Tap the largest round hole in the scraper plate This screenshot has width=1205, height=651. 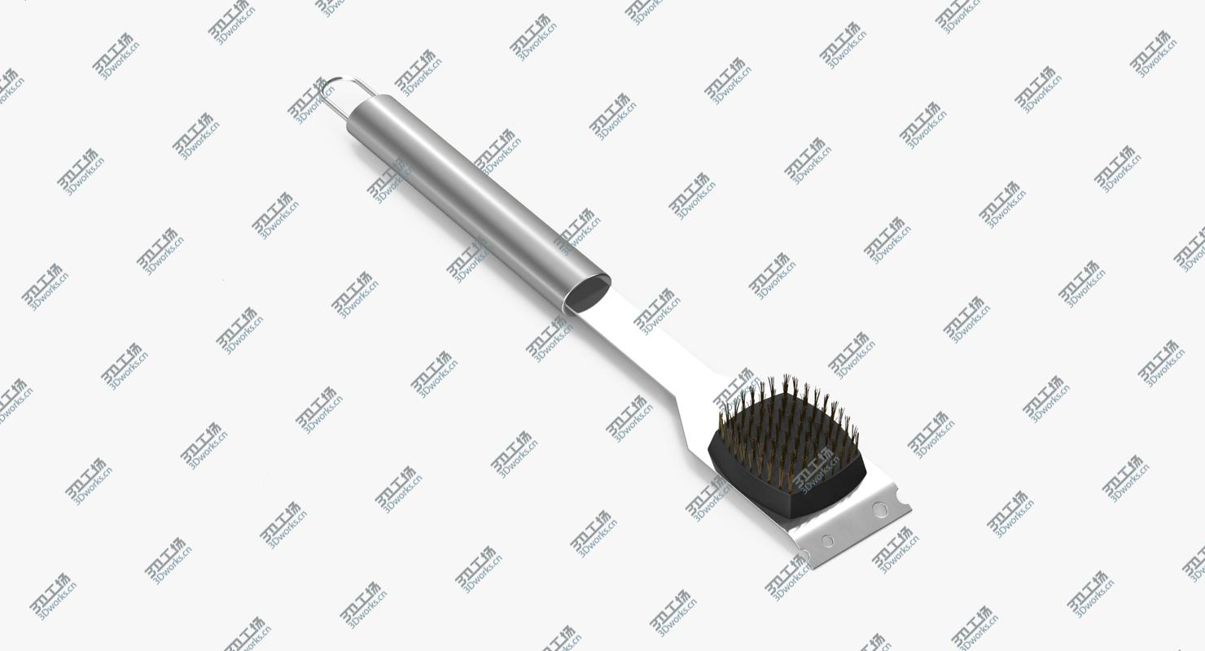pyautogui.click(x=880, y=510)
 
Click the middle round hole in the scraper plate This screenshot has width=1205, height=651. pyautogui.click(x=827, y=541)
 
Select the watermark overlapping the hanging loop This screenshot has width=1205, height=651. pyautogui.click(x=310, y=101)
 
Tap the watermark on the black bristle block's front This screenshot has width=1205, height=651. pyautogui.click(x=815, y=470)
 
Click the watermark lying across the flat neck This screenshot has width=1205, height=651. pyautogui.click(x=658, y=312)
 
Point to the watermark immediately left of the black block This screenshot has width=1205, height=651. pyautogui.click(x=708, y=496)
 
